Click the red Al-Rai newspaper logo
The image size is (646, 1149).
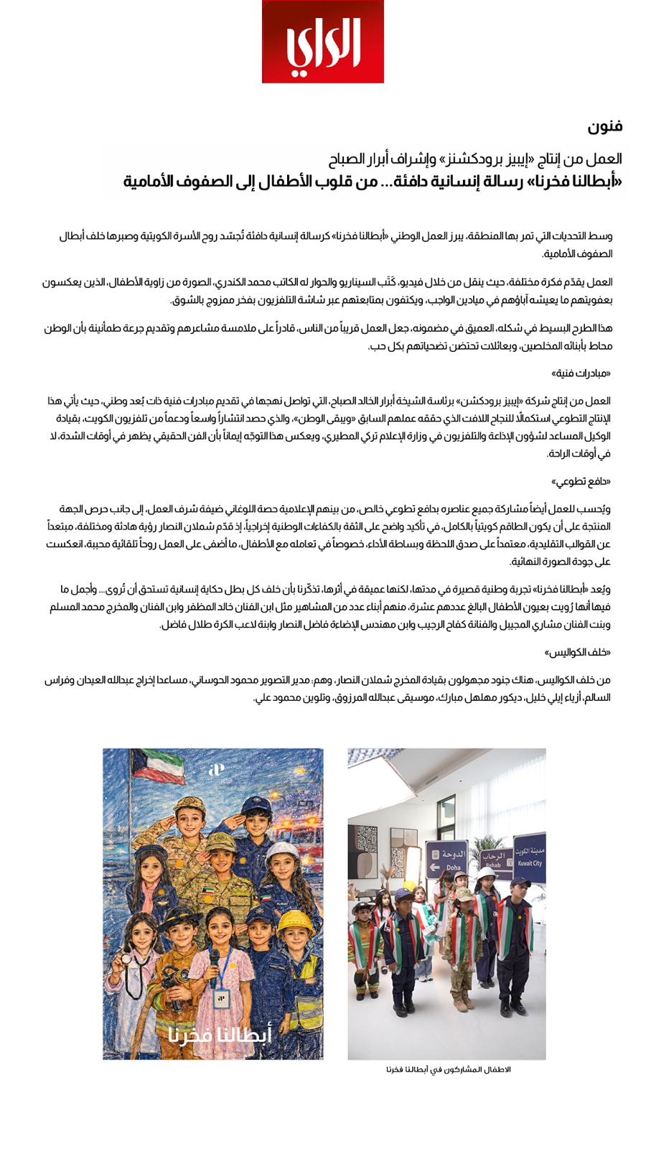[322, 41]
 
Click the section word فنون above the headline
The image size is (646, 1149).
[605, 127]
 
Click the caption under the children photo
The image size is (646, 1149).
[448, 1069]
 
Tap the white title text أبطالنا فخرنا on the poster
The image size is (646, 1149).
[220, 1036]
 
